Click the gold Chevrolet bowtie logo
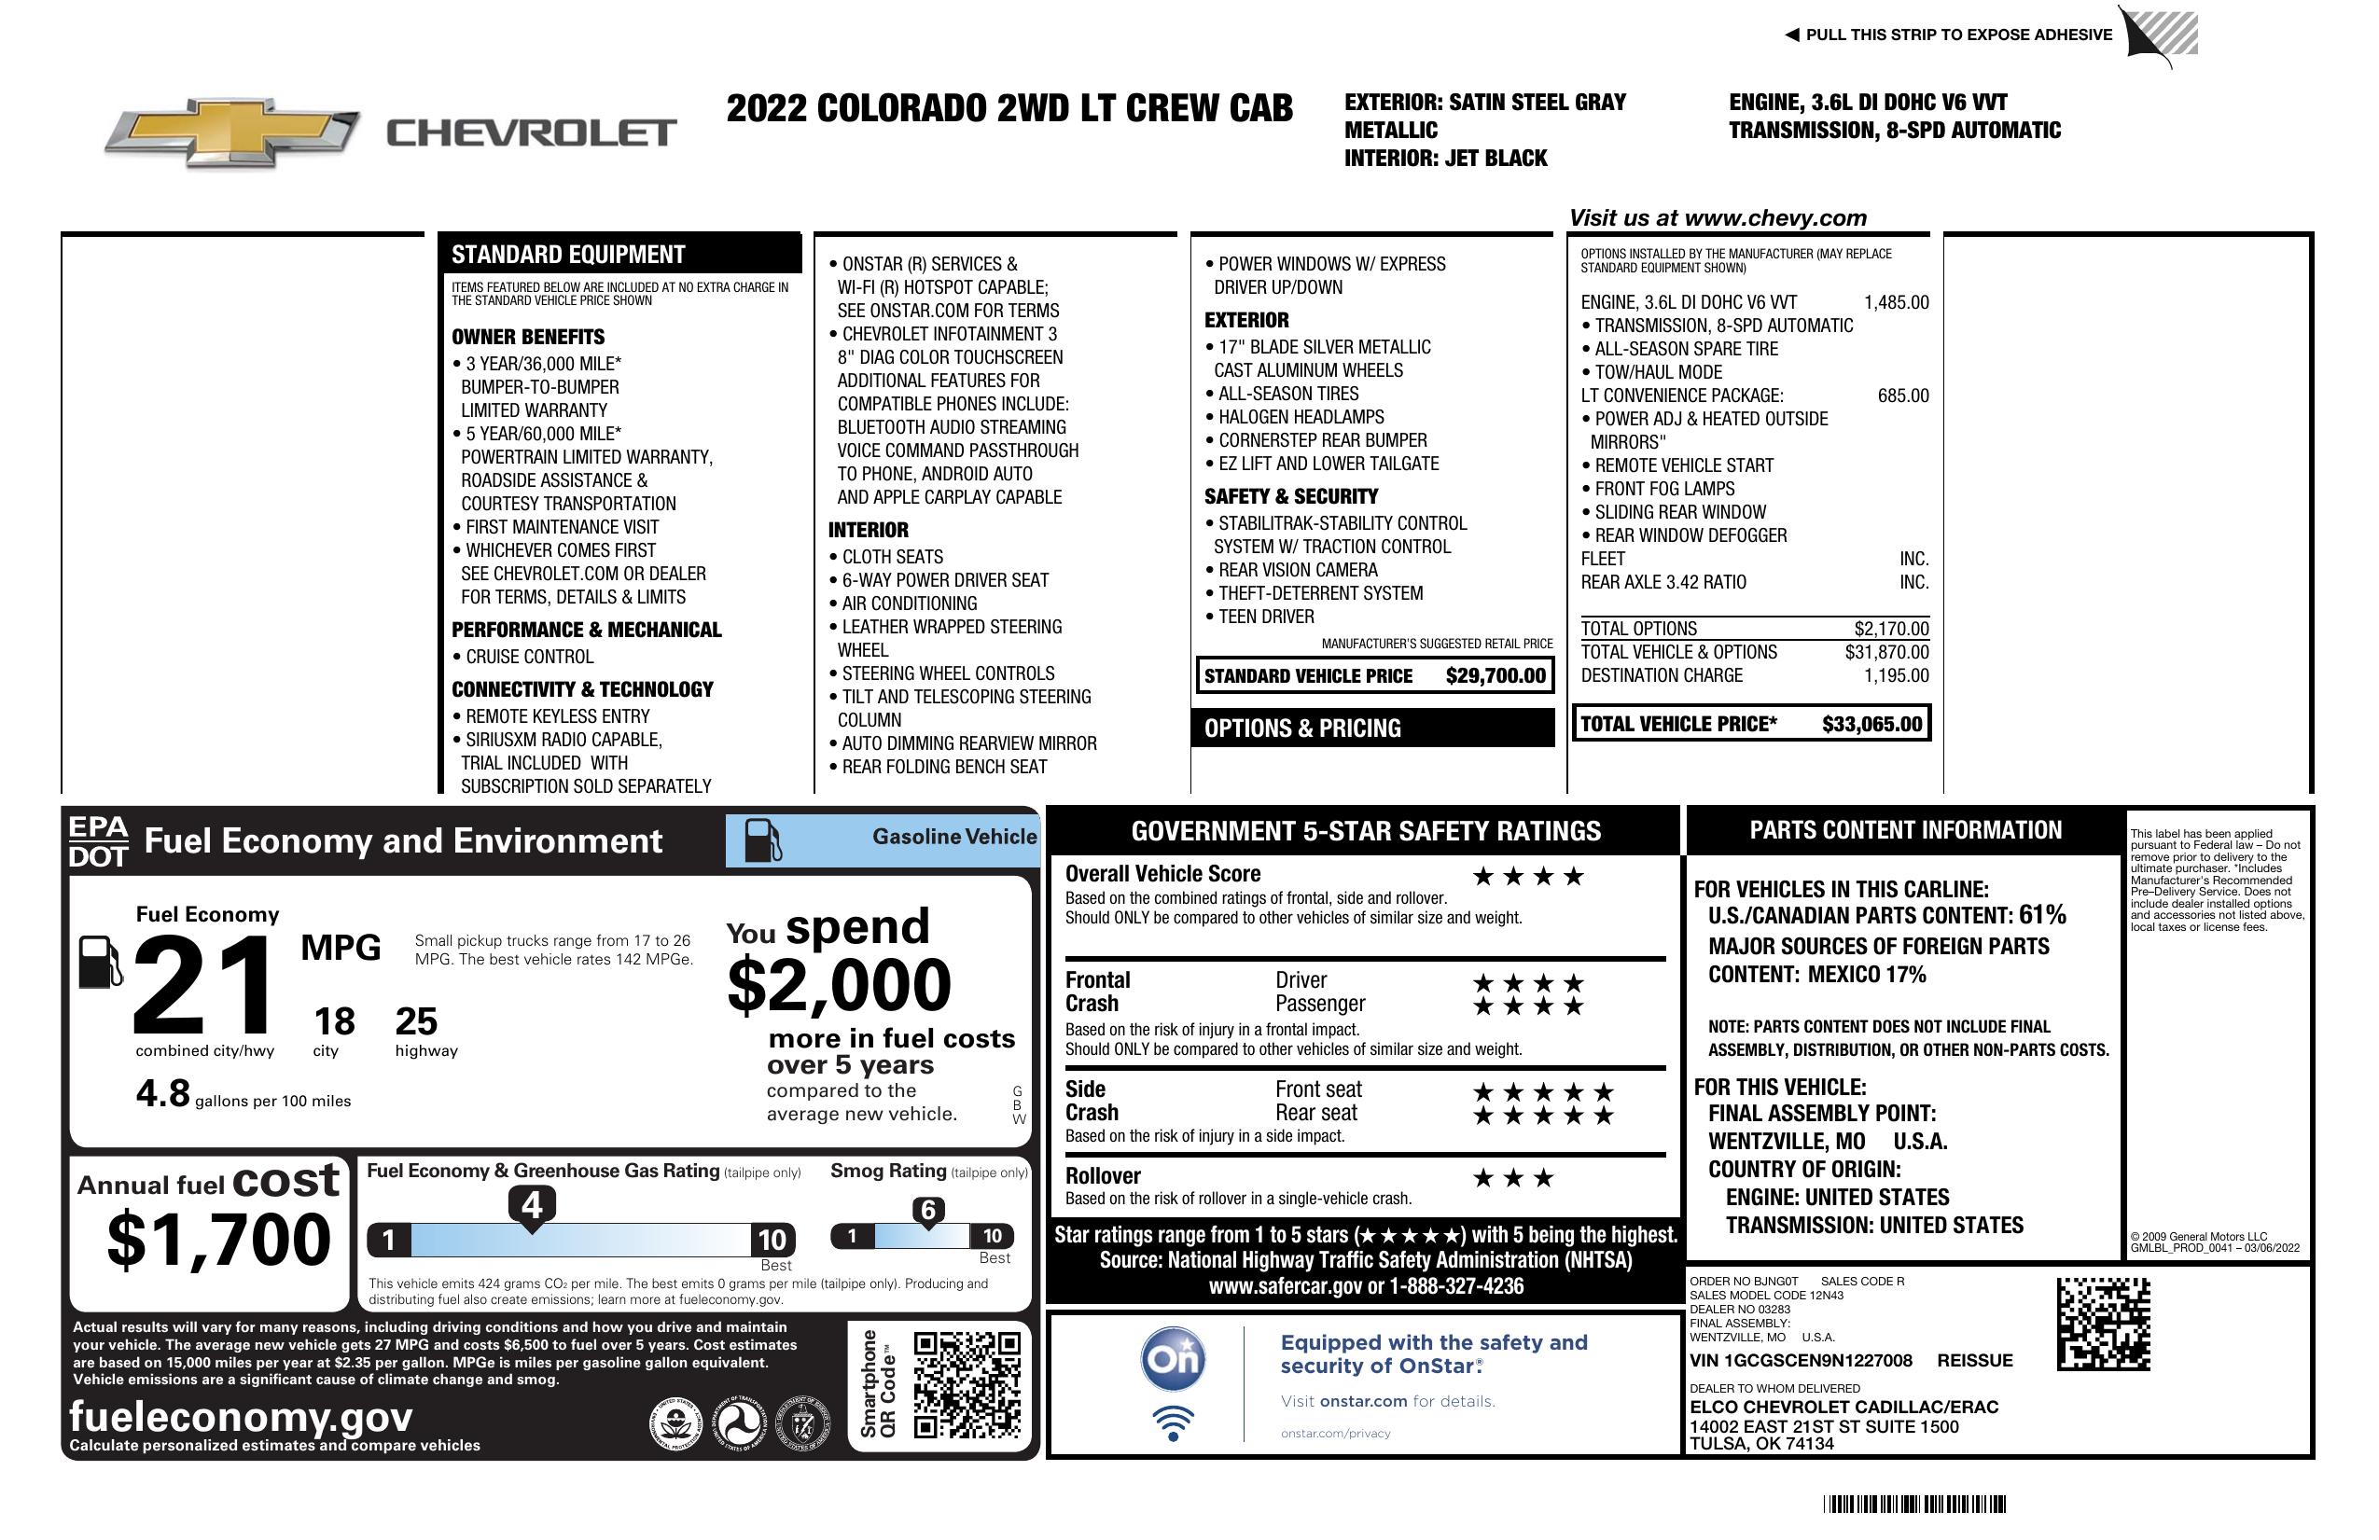click(x=232, y=132)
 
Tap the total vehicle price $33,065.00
click(x=1871, y=725)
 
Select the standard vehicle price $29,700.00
click(x=1496, y=676)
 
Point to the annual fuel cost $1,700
click(x=218, y=1241)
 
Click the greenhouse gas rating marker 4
click(x=532, y=1205)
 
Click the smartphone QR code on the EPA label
click(x=967, y=1383)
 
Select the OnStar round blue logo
click(x=1174, y=1359)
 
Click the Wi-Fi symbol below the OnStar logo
click(x=1173, y=1423)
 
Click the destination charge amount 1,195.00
click(x=1896, y=676)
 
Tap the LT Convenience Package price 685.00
click(x=1902, y=395)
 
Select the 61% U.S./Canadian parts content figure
click(x=2041, y=914)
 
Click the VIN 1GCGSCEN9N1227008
click(x=1801, y=1361)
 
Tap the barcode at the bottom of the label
click(x=1913, y=1504)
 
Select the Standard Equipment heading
click(x=568, y=255)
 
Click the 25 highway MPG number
click(x=416, y=1021)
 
